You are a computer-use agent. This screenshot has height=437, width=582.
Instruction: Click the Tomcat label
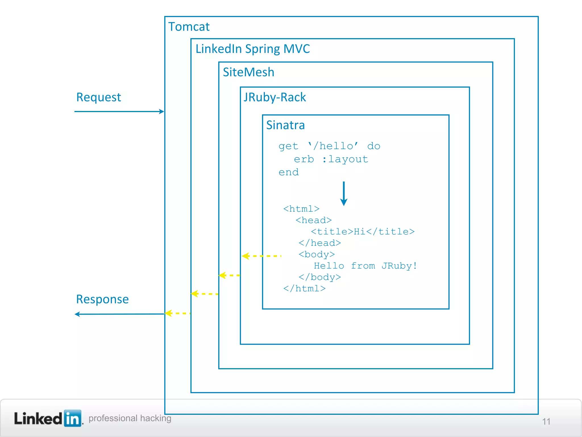[189, 27]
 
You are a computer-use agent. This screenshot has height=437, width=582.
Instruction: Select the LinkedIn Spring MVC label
[252, 49]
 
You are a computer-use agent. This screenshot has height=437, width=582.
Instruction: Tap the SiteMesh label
[248, 72]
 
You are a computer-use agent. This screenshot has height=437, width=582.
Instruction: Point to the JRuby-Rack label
[275, 97]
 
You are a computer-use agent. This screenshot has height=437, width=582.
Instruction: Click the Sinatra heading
[285, 125]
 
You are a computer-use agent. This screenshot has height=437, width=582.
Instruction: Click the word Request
[98, 97]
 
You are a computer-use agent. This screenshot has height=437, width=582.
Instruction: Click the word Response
[102, 299]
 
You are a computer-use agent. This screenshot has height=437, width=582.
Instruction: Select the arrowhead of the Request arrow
[161, 112]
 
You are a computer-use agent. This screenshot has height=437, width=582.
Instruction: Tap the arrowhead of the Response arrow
[77, 314]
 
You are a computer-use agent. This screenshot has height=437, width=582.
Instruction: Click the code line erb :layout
[331, 159]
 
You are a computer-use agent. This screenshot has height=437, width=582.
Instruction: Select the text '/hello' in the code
[333, 146]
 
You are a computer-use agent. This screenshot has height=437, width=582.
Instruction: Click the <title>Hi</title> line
[363, 232]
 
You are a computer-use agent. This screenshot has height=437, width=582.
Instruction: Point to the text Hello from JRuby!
[365, 266]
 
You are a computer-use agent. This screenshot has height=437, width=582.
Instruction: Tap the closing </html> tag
[304, 288]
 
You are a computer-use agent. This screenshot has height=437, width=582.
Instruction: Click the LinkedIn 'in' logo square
[73, 418]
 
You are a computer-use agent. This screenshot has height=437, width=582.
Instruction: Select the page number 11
[546, 421]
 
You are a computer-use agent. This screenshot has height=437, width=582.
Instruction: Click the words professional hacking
[130, 418]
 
